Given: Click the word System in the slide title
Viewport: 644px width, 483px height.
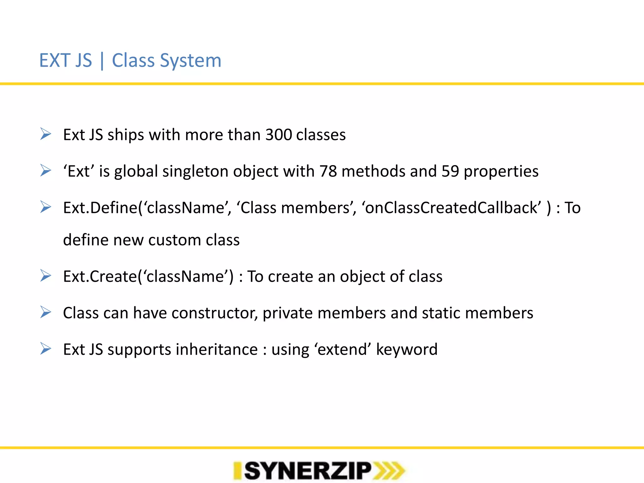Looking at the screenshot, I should point(191,60).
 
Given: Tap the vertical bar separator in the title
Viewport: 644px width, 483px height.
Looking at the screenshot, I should point(102,61).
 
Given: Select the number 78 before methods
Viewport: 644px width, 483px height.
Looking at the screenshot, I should point(328,171).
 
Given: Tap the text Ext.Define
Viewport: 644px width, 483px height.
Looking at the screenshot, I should point(100,208).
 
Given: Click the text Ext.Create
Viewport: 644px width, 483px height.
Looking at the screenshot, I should point(100,276).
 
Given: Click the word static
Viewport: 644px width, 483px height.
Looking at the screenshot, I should point(441,313).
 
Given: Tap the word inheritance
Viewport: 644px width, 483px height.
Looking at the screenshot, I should point(217,349).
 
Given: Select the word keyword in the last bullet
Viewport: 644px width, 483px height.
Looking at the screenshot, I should point(407,349).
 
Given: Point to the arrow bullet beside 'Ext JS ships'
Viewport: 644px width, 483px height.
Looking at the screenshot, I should point(46,134).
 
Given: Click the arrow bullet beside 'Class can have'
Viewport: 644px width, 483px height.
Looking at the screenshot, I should point(46,312).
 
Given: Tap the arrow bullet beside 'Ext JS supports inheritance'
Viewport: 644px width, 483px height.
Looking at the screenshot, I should point(46,349).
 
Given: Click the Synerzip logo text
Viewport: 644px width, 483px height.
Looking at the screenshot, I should point(308,471).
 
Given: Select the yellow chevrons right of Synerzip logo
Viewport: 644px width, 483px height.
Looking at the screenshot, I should point(389,471).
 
